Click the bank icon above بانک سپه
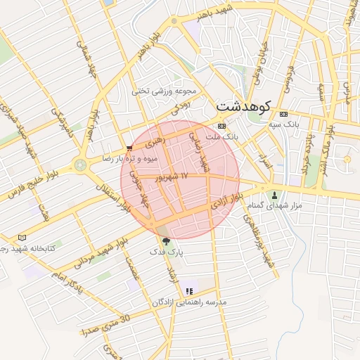click(x=283, y=114)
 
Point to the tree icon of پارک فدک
click(x=166, y=241)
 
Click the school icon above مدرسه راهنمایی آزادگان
click(x=188, y=290)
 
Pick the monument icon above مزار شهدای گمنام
click(x=275, y=195)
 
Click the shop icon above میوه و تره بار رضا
click(x=129, y=148)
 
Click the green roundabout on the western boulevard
click(x=80, y=165)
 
